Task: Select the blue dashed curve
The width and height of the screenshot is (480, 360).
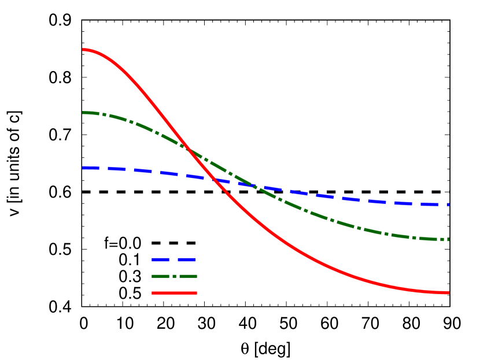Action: click(x=347, y=199)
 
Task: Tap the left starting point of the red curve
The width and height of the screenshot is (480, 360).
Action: click(x=83, y=50)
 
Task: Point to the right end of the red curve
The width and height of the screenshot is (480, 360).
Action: click(x=448, y=293)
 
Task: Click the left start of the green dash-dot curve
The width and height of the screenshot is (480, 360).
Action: click(x=83, y=113)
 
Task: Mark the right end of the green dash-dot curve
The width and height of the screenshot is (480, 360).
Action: click(x=448, y=240)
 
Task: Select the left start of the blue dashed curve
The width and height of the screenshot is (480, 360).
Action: click(x=83, y=168)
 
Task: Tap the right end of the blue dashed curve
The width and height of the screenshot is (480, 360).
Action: click(x=448, y=205)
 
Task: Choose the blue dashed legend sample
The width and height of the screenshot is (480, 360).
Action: click(x=173, y=260)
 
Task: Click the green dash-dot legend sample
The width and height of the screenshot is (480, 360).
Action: click(x=174, y=276)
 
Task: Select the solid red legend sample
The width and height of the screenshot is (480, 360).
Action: click(x=174, y=293)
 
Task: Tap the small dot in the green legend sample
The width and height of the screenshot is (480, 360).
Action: click(x=174, y=276)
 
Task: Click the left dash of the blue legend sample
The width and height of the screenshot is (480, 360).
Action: click(x=160, y=260)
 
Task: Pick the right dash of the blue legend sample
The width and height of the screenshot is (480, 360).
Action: click(x=186, y=260)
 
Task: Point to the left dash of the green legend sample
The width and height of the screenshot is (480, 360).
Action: click(x=161, y=276)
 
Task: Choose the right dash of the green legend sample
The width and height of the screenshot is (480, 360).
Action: click(x=188, y=276)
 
